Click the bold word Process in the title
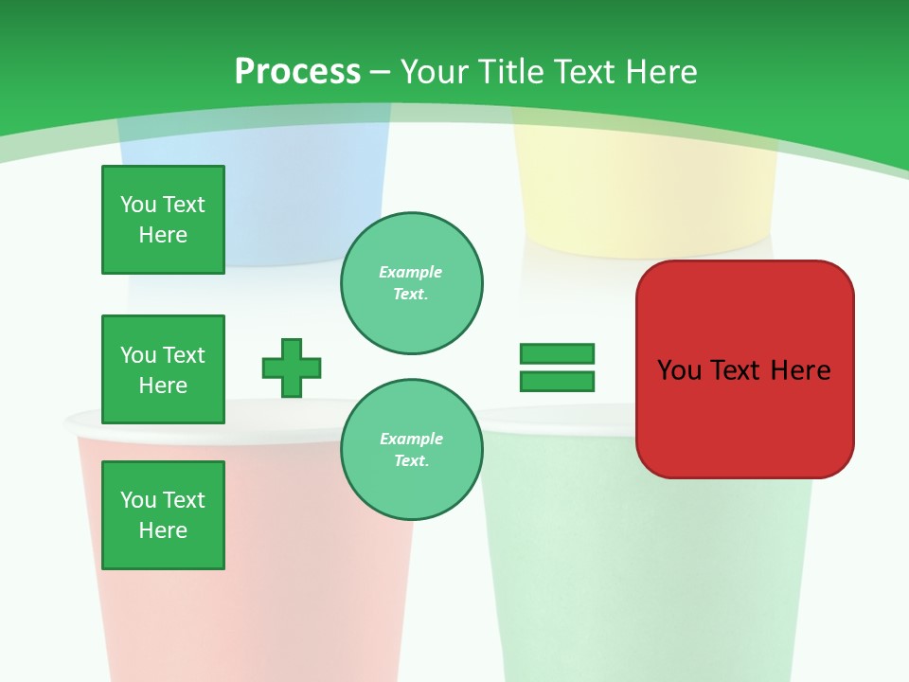coord(297,72)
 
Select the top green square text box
coord(163,220)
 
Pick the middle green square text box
coord(163,369)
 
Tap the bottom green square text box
coord(163,515)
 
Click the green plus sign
coord(292,368)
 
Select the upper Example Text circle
coord(412,283)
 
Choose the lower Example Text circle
coord(412,450)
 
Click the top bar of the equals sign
coord(557,353)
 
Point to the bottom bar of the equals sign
coord(557,381)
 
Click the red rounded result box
coord(745,417)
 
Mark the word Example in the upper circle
coord(410,272)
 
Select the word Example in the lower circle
coord(411,439)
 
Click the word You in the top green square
coord(138,205)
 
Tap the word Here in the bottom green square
coord(163,530)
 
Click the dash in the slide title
coord(381,72)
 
